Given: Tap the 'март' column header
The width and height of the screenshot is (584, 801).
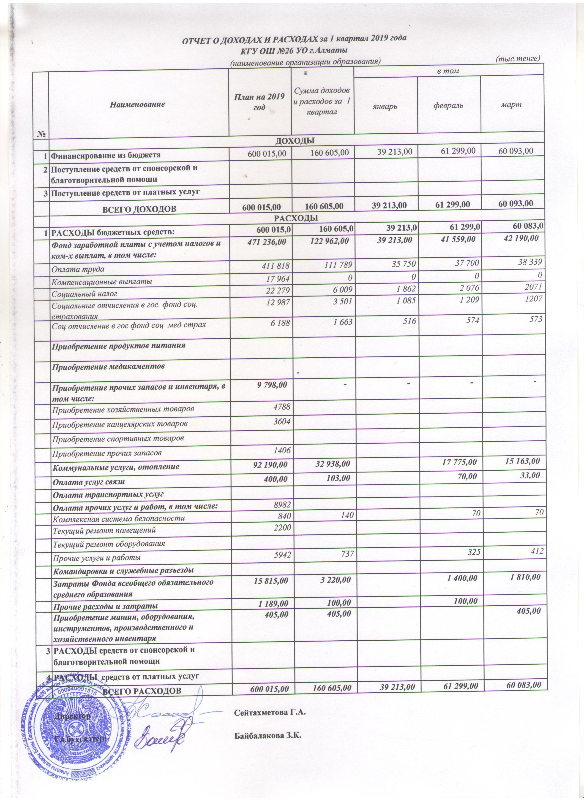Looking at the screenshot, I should pyautogui.click(x=512, y=105).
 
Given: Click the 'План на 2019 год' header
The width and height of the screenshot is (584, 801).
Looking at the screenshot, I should pyautogui.click(x=260, y=102).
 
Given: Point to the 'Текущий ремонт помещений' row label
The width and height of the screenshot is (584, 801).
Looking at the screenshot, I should pyautogui.click(x=104, y=530).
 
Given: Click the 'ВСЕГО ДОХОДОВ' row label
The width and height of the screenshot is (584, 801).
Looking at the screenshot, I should pyautogui.click(x=139, y=209).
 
